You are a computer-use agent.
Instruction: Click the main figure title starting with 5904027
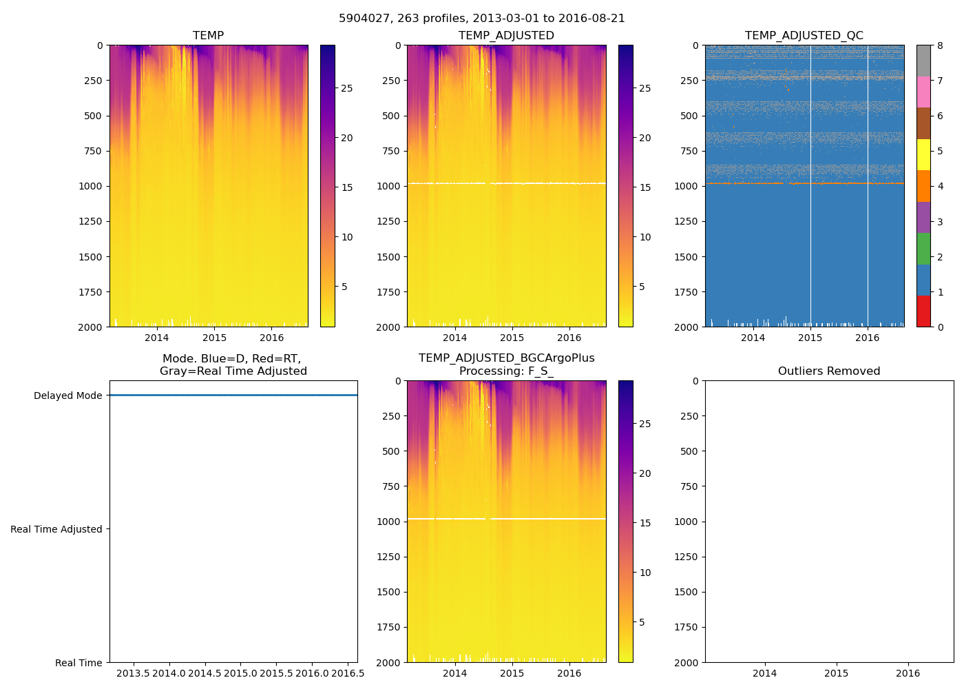(x=481, y=19)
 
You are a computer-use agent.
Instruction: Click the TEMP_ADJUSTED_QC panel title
(x=804, y=36)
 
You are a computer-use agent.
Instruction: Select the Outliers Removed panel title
(x=829, y=371)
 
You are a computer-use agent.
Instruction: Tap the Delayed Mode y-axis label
(x=67, y=395)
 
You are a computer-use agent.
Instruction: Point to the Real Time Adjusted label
(x=56, y=529)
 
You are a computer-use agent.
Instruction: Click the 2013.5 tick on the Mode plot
(x=133, y=673)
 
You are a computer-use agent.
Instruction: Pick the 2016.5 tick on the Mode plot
(x=348, y=673)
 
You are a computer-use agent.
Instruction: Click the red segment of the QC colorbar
(x=923, y=311)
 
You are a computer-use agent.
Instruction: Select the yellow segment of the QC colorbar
(x=923, y=155)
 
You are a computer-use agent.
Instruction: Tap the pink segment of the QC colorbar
(x=923, y=92)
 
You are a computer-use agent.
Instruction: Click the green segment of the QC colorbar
(x=923, y=249)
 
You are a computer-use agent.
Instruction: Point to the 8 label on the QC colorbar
(x=940, y=45)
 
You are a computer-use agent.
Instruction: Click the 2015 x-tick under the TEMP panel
(x=214, y=338)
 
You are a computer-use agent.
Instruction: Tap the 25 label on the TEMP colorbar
(x=347, y=88)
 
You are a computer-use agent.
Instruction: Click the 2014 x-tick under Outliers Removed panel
(x=764, y=673)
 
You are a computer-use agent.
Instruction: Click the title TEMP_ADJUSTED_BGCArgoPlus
(x=506, y=358)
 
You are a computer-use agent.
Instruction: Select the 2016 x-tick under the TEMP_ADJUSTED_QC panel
(x=867, y=338)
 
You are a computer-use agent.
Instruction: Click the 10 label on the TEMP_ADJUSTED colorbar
(x=645, y=237)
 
